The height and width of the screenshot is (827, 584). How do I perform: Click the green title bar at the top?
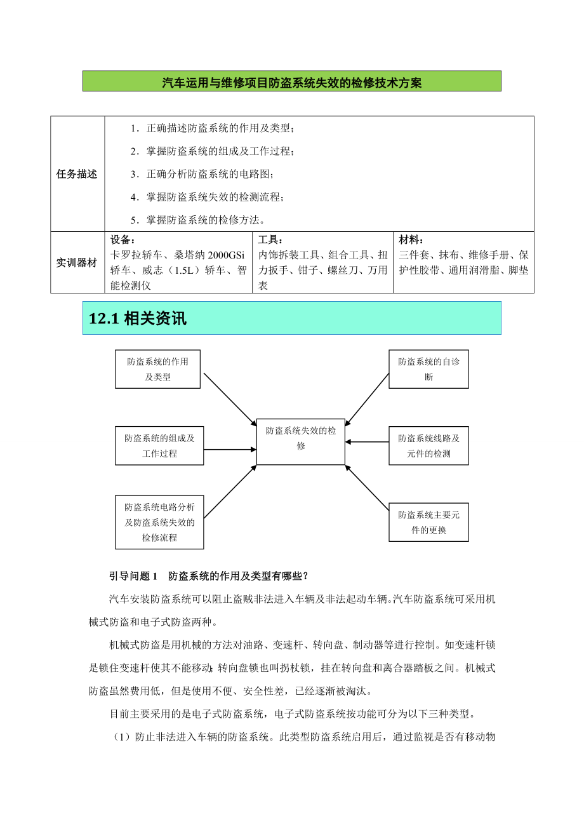[291, 81]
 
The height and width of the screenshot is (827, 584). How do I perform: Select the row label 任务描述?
[77, 174]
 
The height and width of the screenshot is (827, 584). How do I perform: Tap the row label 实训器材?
[77, 262]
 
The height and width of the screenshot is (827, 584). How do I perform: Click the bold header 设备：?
[123, 239]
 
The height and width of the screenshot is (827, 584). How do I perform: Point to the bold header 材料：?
[411, 239]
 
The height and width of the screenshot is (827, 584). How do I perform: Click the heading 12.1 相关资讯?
[138, 318]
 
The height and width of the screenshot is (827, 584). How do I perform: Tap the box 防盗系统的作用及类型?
[157, 369]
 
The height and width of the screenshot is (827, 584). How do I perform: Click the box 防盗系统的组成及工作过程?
[159, 446]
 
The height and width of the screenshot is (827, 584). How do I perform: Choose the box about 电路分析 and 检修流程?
[159, 522]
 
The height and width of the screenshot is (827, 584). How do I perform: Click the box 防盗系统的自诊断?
[428, 369]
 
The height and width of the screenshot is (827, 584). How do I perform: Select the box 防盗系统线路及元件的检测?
[428, 446]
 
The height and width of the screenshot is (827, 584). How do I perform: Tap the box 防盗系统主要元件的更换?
[428, 522]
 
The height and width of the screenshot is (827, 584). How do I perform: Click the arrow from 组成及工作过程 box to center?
[230, 450]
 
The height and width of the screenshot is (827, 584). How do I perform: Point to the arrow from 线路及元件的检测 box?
[367, 442]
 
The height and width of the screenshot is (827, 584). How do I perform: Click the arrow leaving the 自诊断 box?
[367, 400]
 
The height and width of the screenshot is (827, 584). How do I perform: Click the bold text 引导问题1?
[133, 576]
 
